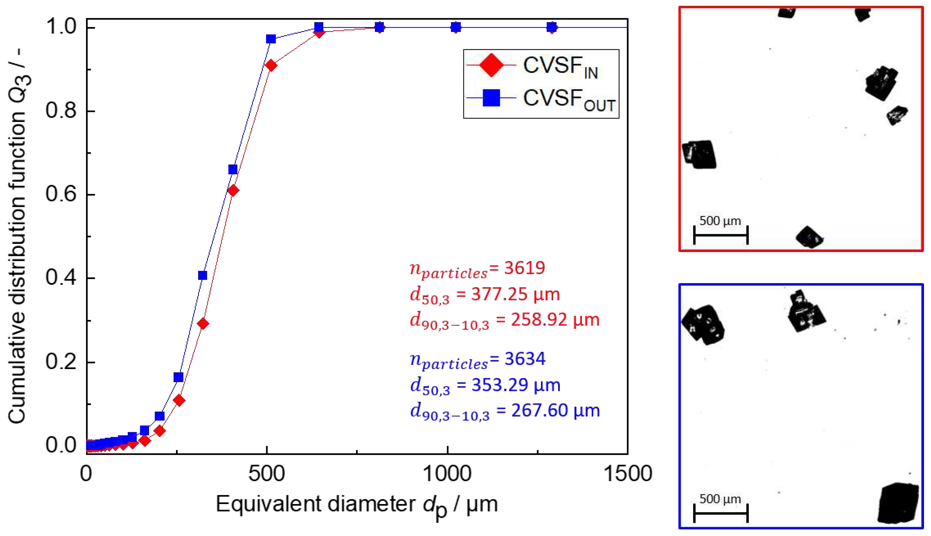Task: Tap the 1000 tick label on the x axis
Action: [x=447, y=474]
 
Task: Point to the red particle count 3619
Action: [x=524, y=268]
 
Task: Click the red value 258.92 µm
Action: [x=555, y=320]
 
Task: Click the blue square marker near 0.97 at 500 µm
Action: [x=271, y=39]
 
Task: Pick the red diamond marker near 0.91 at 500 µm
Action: [x=271, y=66]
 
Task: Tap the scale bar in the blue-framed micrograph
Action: [x=721, y=513]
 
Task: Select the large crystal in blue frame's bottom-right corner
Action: [x=897, y=503]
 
